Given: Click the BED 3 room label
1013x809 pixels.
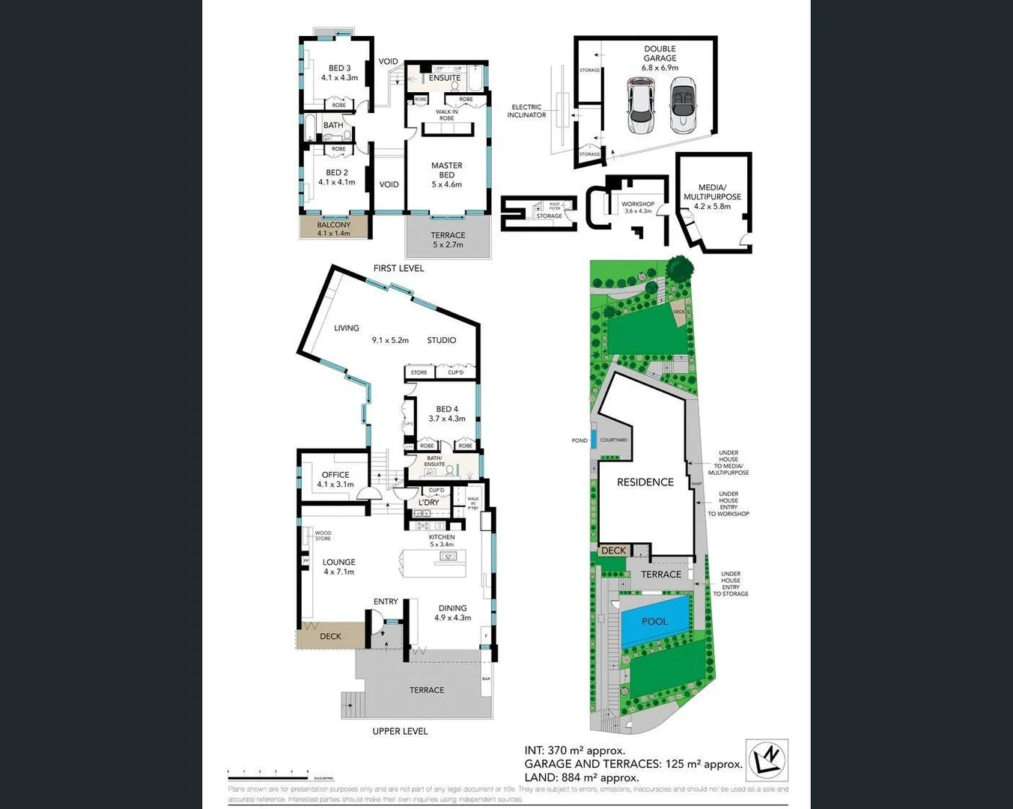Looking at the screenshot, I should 339,68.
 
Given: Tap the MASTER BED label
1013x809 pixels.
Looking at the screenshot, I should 447,170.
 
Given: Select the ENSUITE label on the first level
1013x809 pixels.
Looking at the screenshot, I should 445,78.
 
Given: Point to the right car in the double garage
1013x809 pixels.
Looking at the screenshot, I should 684,106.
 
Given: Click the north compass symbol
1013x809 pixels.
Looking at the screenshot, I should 767,760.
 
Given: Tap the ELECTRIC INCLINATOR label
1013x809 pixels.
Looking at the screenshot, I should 526,111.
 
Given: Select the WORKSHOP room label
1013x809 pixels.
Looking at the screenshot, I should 638,204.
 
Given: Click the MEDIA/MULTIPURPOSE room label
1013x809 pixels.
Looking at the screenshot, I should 712,193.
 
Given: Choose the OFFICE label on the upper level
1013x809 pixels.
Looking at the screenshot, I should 335,475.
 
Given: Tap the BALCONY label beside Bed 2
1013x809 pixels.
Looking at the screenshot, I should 334,225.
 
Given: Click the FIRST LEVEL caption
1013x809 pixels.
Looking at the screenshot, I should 398,268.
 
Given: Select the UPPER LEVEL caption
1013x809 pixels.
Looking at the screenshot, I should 400,731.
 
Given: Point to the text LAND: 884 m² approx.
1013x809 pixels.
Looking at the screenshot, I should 581,778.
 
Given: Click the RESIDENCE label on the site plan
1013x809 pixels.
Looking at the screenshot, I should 645,482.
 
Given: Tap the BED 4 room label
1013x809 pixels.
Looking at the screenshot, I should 447,409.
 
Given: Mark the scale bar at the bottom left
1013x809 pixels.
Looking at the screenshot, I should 270,772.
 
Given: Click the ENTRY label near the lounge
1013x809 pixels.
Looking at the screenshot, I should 386,602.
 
